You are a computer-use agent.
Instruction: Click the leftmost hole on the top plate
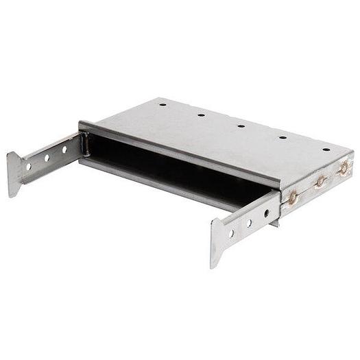(163, 105)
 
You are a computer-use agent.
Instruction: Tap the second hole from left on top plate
(201, 115)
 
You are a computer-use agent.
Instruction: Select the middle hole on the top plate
(241, 126)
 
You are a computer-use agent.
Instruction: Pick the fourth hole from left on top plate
(283, 137)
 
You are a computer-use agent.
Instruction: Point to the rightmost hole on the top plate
(326, 149)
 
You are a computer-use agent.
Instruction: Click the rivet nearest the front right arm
(293, 197)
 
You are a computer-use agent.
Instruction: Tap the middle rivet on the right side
(320, 182)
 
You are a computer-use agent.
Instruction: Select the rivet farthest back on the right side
(343, 168)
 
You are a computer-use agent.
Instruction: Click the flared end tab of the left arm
(14, 175)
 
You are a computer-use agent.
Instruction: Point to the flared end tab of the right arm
(217, 243)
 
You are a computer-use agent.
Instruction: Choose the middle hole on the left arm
(47, 158)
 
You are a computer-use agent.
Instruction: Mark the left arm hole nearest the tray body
(64, 149)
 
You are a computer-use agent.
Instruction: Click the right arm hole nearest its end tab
(231, 233)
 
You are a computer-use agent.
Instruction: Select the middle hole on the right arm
(249, 224)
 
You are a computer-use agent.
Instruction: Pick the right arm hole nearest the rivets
(267, 213)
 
